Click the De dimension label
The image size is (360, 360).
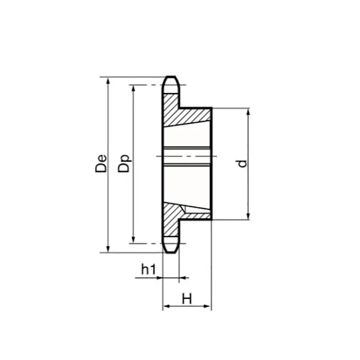pyautogui.click(x=102, y=163)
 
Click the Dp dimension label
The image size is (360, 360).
pyautogui.click(x=125, y=163)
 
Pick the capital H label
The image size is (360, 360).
pyautogui.click(x=187, y=298)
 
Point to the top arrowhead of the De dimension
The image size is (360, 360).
pyautogui.click(x=108, y=81)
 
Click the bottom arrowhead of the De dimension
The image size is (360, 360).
pyautogui.click(x=108, y=249)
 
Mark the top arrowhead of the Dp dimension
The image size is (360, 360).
pyautogui.click(x=133, y=88)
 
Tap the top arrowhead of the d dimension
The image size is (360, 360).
pyautogui.click(x=248, y=112)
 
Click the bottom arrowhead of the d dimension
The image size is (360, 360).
pyautogui.click(x=248, y=216)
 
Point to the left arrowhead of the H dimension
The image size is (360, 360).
pyautogui.click(x=166, y=307)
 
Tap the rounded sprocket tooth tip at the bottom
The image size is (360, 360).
pyautogui.click(x=171, y=248)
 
